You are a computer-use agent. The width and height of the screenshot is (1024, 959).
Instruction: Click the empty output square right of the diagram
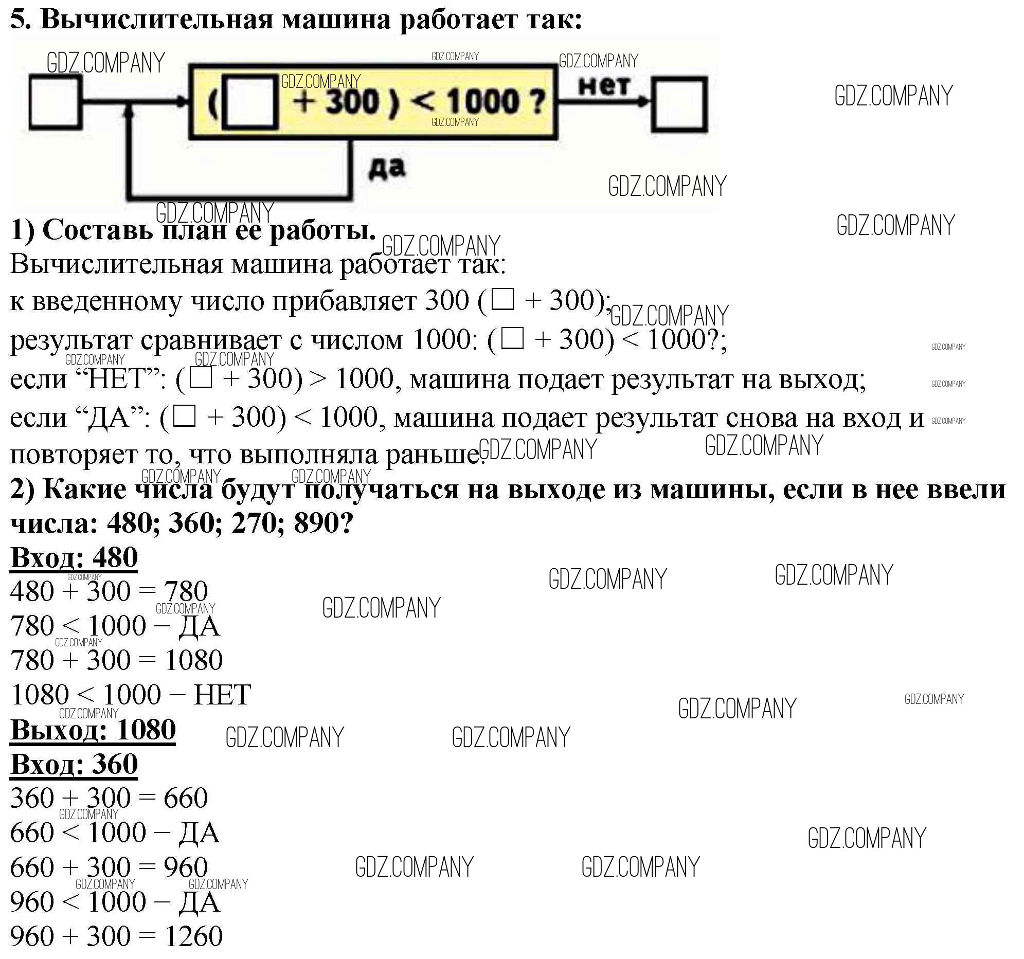(679, 104)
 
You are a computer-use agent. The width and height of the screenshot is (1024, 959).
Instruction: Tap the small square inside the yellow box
(250, 102)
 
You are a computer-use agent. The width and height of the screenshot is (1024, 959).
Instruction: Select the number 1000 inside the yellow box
(483, 101)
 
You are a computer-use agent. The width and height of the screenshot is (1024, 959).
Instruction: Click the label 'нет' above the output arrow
(604, 86)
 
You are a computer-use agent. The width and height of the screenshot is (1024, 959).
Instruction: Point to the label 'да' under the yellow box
(387, 169)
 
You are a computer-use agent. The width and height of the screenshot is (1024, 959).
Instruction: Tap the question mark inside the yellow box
(538, 102)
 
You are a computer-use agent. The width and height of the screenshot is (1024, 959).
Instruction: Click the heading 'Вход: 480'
(74, 557)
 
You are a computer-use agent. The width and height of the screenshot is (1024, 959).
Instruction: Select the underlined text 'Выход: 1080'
(93, 730)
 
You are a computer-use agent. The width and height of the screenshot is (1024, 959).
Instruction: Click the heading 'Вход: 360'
(74, 764)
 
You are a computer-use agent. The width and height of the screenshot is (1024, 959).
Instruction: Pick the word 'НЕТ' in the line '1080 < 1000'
(222, 695)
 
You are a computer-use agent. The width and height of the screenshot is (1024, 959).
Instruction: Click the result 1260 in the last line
(193, 936)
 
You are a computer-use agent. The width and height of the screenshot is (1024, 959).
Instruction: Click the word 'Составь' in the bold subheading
(97, 230)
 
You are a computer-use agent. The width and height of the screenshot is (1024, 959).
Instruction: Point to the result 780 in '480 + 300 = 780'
(186, 591)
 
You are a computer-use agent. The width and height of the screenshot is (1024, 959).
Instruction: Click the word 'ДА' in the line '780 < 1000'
(199, 626)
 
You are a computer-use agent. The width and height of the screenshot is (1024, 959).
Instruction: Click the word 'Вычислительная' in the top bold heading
(156, 20)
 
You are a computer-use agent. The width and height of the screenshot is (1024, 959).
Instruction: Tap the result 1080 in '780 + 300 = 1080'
(193, 660)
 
